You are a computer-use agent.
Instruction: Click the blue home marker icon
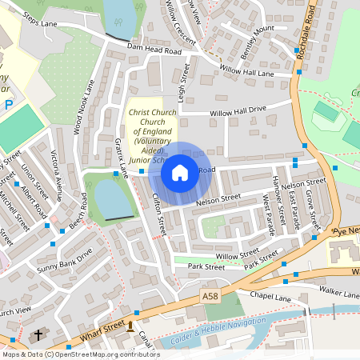coord(180,173)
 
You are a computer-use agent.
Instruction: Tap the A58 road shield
coord(210,296)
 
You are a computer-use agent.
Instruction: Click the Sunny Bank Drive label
coord(65,261)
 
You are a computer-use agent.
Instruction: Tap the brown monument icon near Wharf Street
coord(130,326)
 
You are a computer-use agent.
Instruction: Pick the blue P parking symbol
coord(8,105)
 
